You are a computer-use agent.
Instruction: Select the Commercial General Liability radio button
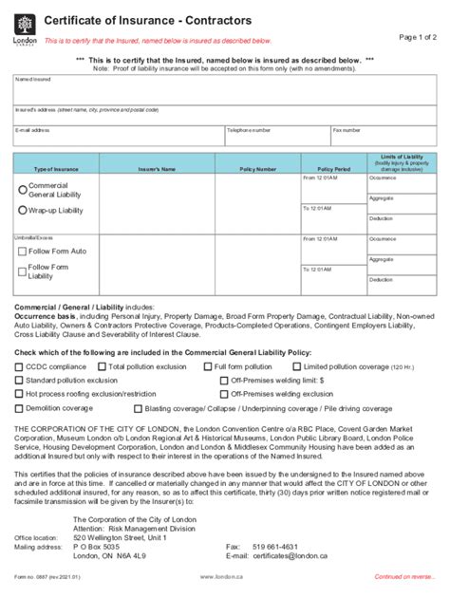click(x=23, y=188)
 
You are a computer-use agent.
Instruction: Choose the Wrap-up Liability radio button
click(x=23, y=210)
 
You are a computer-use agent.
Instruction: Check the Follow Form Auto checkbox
click(x=23, y=252)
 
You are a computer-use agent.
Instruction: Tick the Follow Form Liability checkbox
click(x=23, y=271)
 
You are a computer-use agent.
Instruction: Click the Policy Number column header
click(x=258, y=169)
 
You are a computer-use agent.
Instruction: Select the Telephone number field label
click(x=248, y=129)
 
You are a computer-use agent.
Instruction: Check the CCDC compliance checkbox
click(x=19, y=365)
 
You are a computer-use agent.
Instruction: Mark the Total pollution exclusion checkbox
click(x=102, y=365)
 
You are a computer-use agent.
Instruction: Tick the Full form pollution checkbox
click(x=209, y=365)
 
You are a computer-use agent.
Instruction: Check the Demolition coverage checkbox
click(x=19, y=408)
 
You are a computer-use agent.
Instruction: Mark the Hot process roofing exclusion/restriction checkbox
click(x=19, y=392)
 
